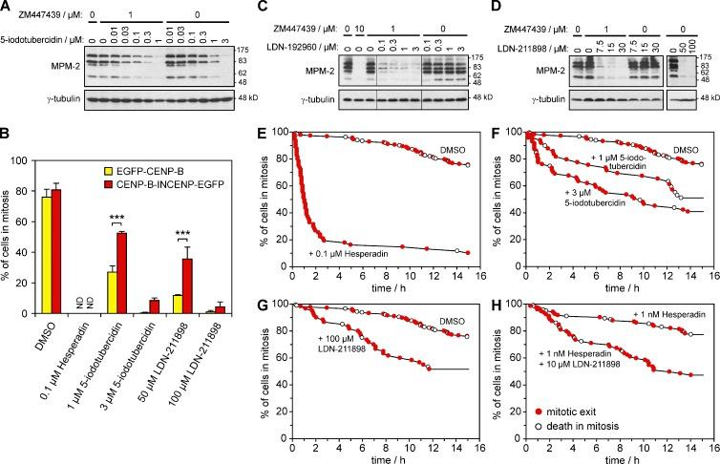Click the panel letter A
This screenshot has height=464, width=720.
tap(9, 9)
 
